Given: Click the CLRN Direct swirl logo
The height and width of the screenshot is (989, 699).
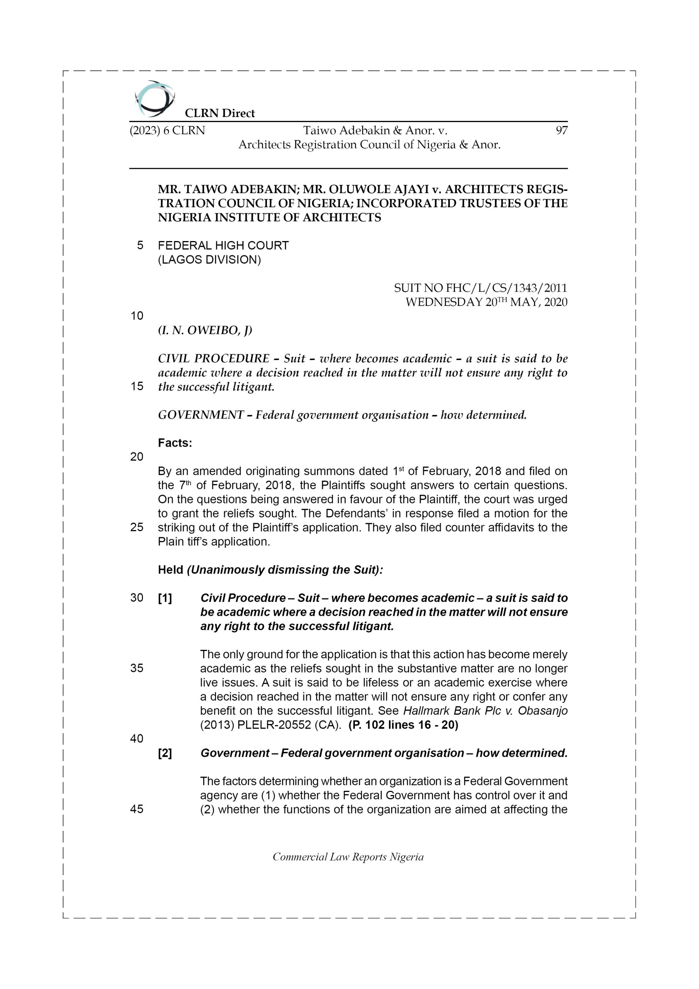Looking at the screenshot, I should (154, 99).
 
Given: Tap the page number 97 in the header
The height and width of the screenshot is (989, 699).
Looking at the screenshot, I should (561, 131).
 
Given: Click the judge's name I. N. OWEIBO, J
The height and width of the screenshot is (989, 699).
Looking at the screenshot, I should (205, 330).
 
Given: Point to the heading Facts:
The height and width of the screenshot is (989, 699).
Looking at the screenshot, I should (175, 443).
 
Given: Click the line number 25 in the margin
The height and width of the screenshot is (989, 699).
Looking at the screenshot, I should (137, 527).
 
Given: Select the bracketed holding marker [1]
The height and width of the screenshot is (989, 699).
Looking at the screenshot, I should (165, 598).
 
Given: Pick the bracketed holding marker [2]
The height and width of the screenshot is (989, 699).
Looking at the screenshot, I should (165, 753).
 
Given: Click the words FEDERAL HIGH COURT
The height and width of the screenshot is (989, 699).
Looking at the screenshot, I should (223, 246).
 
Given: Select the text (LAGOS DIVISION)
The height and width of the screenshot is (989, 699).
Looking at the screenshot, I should (209, 260).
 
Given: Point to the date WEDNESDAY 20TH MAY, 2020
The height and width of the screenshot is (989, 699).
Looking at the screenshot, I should (486, 302).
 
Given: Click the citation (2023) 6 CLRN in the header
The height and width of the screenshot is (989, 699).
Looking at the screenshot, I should (167, 131).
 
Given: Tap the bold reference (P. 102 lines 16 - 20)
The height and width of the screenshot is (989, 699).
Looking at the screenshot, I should (403, 725).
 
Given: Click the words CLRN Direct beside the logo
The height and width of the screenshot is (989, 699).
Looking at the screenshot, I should (220, 113).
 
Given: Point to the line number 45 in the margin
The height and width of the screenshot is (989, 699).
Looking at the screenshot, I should (137, 809).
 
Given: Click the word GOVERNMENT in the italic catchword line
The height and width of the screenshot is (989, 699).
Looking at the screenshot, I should (201, 415).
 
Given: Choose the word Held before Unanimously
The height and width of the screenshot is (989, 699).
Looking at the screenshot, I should (171, 570).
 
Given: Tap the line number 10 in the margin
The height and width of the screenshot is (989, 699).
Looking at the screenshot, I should (137, 316).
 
